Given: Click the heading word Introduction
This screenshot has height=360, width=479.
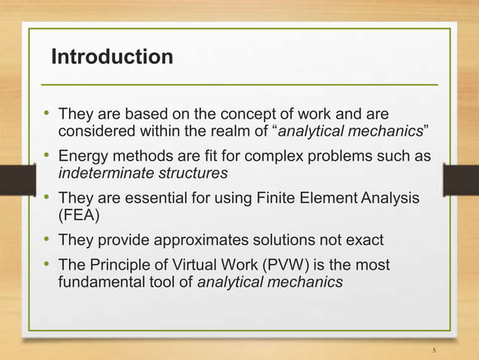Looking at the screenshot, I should (111, 57).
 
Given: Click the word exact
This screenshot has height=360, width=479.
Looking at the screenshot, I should (366, 241).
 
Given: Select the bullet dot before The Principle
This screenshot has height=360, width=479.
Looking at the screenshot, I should (46, 264).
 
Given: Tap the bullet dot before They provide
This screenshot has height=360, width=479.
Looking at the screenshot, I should (46, 241).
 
